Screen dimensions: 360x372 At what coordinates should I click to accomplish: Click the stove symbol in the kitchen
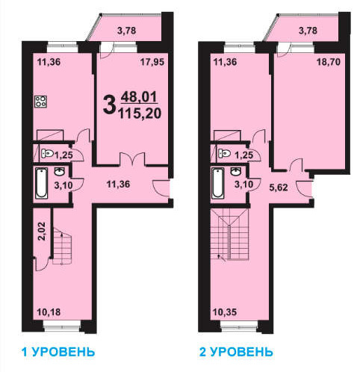(40, 102)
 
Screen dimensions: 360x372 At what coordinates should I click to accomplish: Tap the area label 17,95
(152, 62)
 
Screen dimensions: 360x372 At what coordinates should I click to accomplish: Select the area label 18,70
(329, 62)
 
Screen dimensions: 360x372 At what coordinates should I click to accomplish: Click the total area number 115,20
(140, 114)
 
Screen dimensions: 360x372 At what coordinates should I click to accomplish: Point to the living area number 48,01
(139, 96)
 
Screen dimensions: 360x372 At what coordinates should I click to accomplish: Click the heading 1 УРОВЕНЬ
(58, 353)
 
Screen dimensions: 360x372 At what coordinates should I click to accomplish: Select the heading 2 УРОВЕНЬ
(236, 353)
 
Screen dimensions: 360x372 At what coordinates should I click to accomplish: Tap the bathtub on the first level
(42, 184)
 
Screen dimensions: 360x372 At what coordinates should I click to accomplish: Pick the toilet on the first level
(47, 153)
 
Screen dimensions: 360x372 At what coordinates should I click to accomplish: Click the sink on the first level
(60, 172)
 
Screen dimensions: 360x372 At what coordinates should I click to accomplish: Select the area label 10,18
(49, 312)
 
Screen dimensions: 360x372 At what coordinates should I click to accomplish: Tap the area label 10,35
(225, 312)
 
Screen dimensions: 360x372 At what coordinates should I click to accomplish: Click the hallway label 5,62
(279, 187)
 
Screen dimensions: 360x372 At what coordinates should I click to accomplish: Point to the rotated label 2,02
(43, 231)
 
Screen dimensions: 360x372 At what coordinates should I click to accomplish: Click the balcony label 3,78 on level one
(127, 31)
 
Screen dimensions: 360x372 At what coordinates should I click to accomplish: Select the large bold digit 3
(110, 105)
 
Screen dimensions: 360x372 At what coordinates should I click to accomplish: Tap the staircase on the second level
(230, 235)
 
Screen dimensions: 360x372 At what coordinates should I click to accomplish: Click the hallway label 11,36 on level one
(118, 185)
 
